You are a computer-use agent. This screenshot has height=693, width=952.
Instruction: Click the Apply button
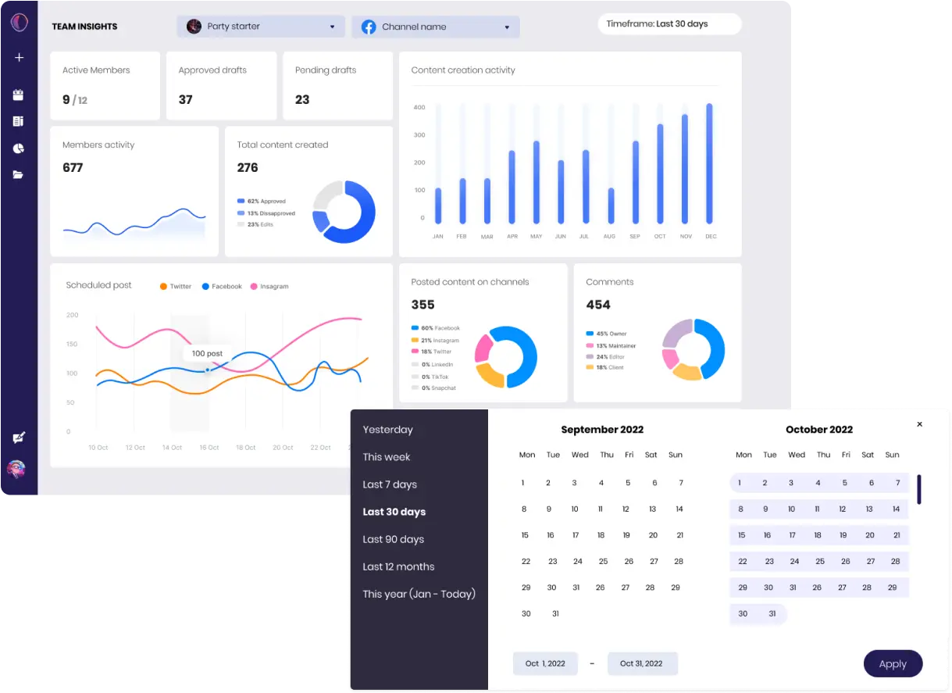click(893, 664)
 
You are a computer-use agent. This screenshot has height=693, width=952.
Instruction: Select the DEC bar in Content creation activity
click(710, 164)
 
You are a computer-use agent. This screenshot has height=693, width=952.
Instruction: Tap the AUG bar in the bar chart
click(611, 205)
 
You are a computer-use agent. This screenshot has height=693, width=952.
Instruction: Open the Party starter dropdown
click(261, 27)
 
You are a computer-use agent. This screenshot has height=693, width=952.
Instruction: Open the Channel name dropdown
click(435, 27)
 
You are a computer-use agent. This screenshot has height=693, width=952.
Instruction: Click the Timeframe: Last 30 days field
click(669, 24)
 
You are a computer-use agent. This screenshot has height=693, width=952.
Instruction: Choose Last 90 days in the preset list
click(393, 539)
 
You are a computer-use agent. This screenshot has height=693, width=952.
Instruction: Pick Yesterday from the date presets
click(387, 430)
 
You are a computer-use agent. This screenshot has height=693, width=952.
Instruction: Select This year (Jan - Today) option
click(419, 594)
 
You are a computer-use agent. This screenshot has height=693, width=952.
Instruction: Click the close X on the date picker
click(919, 424)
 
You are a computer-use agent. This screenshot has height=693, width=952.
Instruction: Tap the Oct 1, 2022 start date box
click(545, 663)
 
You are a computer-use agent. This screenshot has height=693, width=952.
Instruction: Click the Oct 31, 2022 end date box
click(641, 663)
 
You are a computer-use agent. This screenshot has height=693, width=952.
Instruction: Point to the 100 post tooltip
click(207, 353)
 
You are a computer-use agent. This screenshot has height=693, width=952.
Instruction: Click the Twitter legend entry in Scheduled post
click(176, 287)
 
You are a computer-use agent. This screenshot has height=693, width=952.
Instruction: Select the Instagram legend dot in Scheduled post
click(254, 287)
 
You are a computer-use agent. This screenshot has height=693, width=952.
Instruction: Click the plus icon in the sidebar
click(19, 57)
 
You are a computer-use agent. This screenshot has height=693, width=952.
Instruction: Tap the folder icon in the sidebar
click(18, 175)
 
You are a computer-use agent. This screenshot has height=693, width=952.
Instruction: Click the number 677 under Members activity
click(73, 168)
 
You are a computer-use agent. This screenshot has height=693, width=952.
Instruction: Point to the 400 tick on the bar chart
click(419, 107)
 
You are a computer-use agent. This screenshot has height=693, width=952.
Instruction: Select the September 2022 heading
click(602, 430)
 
